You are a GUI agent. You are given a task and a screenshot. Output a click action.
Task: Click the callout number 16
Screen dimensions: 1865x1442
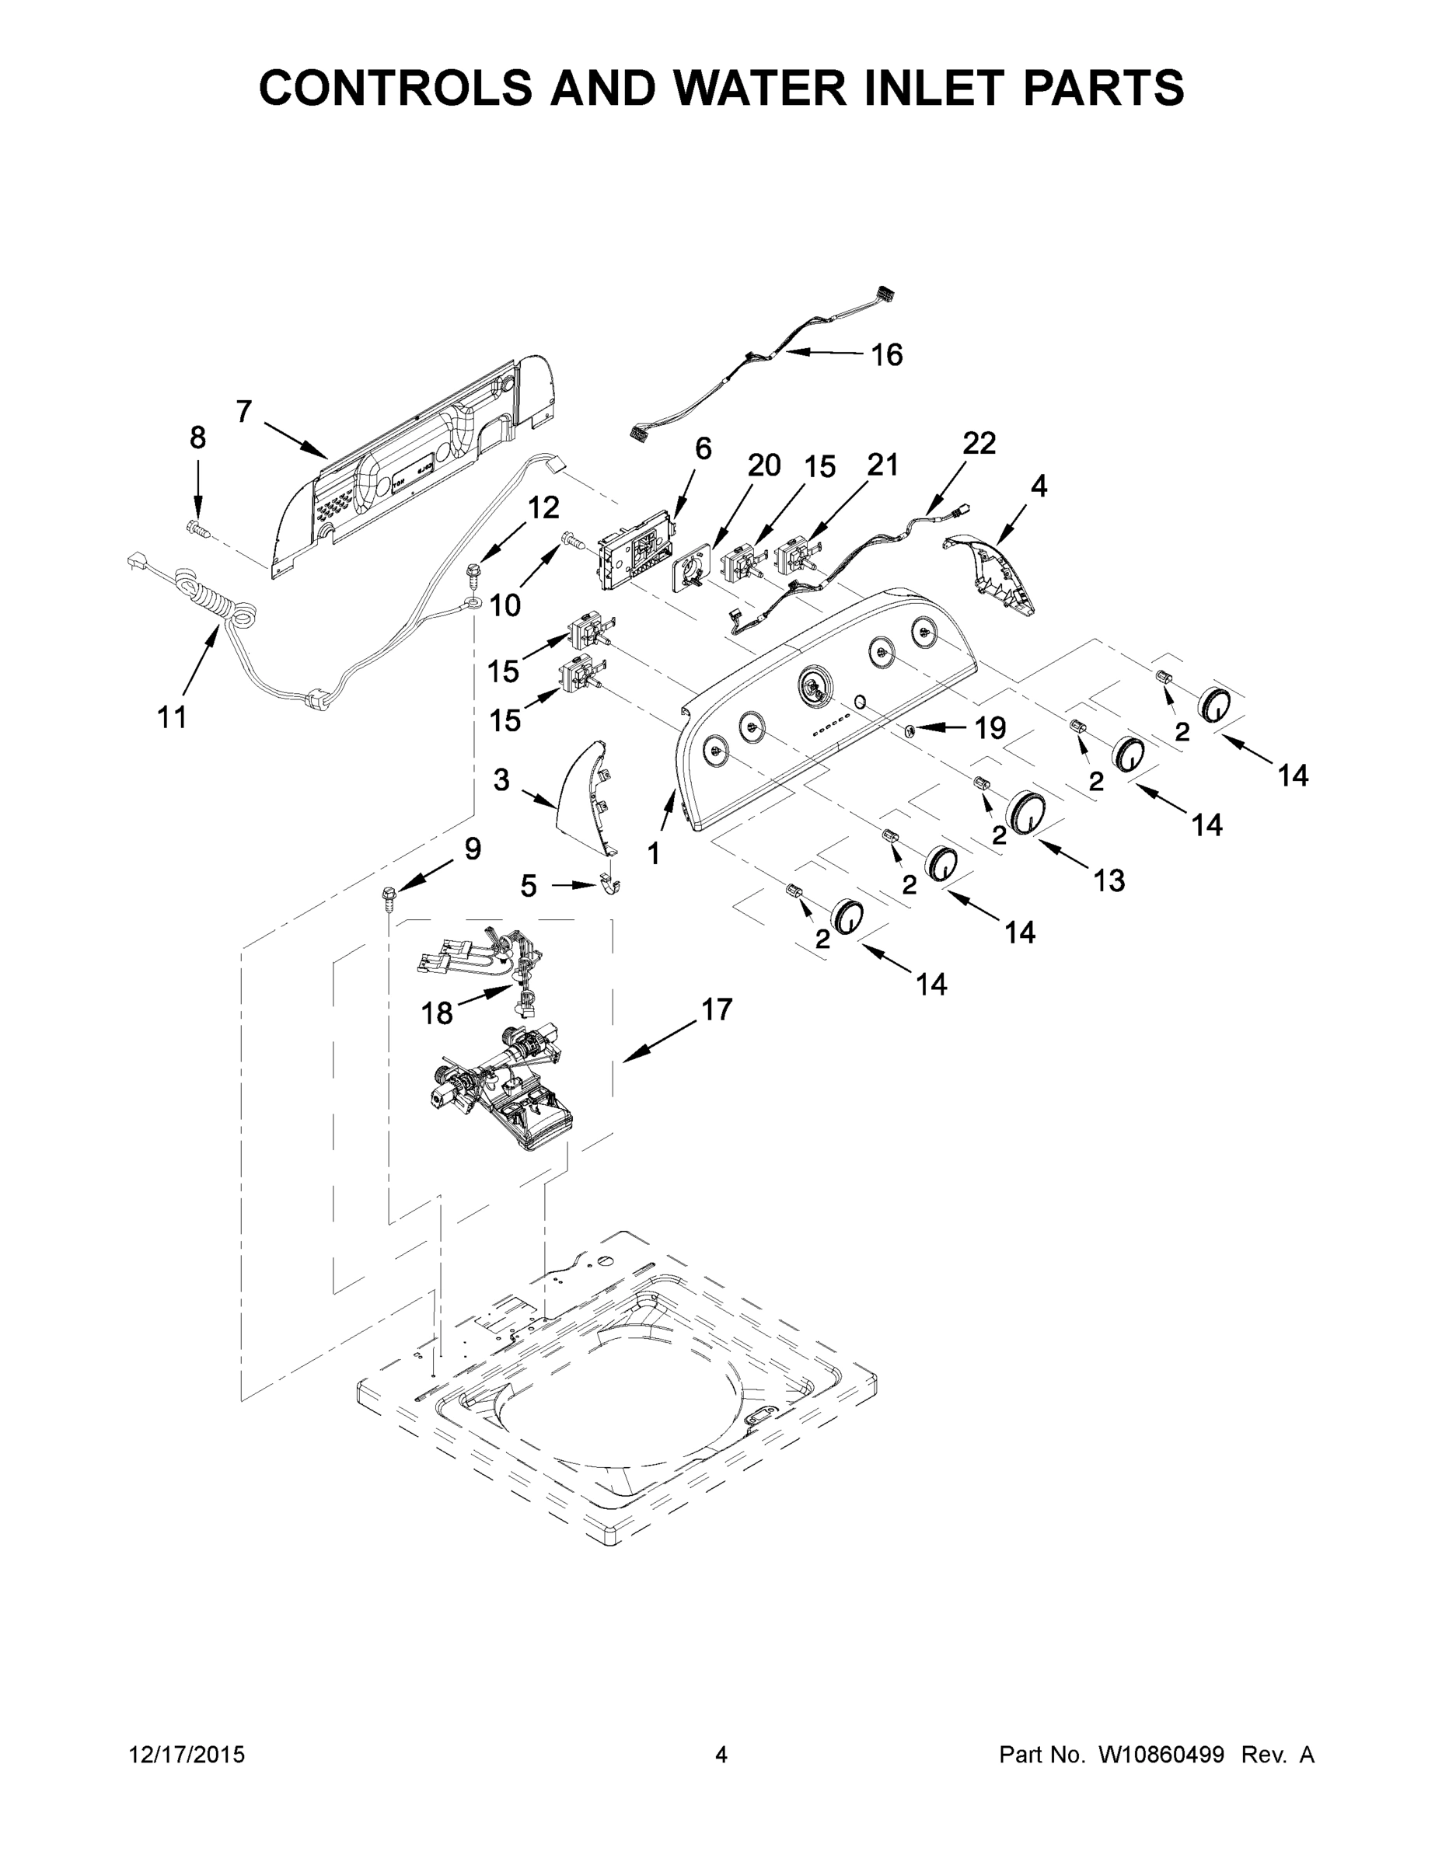point(886,354)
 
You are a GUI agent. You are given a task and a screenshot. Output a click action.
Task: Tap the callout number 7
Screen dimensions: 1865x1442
point(244,412)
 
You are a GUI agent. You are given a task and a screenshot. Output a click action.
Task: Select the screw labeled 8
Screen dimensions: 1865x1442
point(197,529)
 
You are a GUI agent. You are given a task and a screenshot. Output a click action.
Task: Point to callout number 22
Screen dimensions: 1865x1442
point(979,443)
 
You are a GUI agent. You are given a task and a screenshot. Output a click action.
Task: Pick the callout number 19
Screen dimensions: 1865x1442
point(990,728)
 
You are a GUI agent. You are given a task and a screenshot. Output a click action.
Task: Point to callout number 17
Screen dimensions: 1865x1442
point(717,1009)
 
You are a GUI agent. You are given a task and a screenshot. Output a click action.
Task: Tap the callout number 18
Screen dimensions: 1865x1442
point(437,1013)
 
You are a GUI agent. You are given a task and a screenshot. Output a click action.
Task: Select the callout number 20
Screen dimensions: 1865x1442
point(763,465)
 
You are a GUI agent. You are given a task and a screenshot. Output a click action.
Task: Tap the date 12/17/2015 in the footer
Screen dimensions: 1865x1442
point(187,1755)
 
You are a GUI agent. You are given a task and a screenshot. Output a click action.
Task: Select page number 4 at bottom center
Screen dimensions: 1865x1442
point(721,1755)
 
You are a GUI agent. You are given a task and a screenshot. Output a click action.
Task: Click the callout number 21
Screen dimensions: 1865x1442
point(882,465)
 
